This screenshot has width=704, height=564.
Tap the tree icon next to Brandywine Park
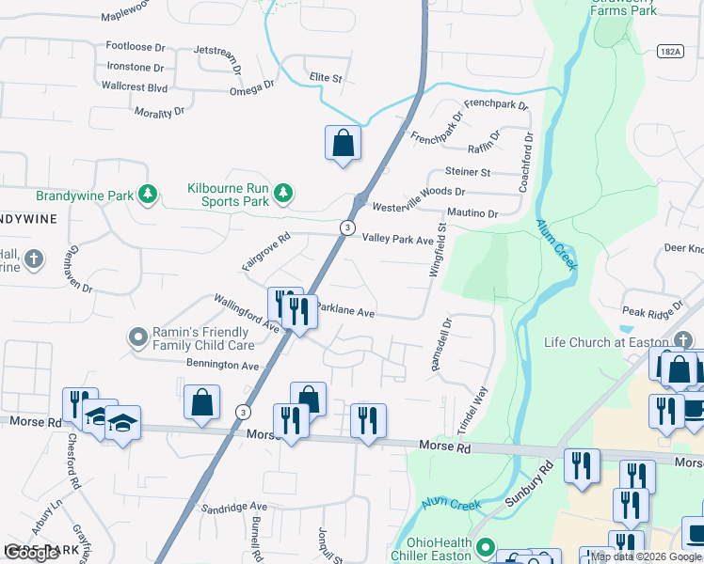pos(147,195)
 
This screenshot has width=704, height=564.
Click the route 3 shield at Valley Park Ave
pos(347,227)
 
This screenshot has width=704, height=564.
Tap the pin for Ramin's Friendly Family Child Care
pos(137,336)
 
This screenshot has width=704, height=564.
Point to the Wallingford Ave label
pos(247,313)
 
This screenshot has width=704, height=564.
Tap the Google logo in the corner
pos(31,553)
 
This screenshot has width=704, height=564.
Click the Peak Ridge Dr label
pos(652,311)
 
